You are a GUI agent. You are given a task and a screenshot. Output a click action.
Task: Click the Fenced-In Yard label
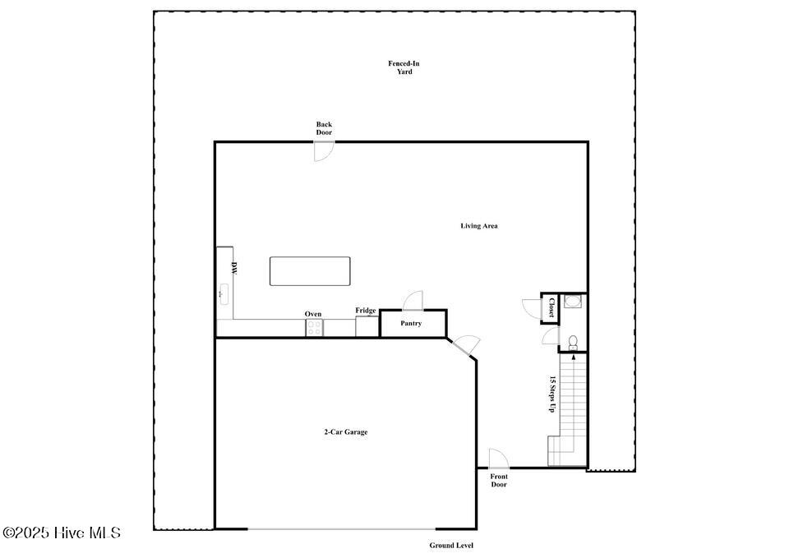404,67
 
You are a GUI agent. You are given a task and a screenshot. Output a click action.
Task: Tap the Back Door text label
324,128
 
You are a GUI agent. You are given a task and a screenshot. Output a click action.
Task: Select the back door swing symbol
324,151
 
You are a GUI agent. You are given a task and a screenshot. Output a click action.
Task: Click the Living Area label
479,226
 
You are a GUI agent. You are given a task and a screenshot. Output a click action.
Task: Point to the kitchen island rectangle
310,271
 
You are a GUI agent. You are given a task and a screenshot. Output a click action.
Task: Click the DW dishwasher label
234,268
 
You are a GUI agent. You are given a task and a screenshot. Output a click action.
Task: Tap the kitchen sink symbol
224,294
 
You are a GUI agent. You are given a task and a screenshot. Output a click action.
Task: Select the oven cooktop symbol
315,328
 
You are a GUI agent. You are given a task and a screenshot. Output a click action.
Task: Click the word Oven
313,314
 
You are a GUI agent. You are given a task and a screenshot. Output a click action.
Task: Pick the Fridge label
366,311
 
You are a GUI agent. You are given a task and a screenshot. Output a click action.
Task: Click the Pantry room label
411,323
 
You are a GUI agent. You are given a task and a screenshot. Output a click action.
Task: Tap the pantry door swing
413,301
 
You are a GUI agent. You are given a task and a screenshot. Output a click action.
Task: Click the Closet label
551,307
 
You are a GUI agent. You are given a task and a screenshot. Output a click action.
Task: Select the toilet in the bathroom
573,343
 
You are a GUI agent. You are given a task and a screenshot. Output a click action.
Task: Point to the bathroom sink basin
573,302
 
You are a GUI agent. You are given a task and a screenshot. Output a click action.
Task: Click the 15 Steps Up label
552,394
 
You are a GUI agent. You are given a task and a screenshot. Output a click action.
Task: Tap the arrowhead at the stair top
574,357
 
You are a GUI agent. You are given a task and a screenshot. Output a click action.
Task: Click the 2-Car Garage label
346,431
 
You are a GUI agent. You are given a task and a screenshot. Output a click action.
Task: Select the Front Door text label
499,481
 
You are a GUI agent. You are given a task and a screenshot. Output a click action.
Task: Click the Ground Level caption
451,546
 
